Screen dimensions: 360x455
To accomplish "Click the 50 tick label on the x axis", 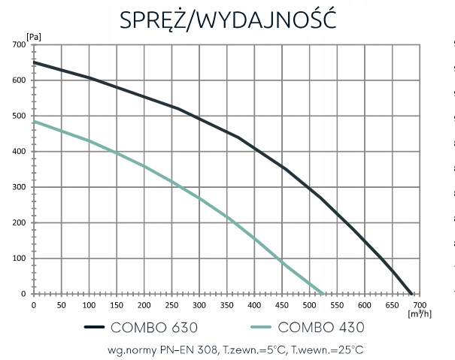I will coord(62,305).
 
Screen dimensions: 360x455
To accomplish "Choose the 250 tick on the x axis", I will coord(171,305).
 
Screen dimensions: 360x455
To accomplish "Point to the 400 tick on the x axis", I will coord(254,305).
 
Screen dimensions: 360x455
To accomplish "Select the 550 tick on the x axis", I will coord(337,305).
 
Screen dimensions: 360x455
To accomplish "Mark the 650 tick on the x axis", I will coord(392,305).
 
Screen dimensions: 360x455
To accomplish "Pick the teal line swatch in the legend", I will coord(262,327).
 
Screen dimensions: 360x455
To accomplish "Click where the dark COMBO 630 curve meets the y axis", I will coord(35,62).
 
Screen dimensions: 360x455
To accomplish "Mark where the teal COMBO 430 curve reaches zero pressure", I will coord(323,293).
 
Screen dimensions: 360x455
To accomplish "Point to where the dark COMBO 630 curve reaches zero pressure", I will coord(412,293).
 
